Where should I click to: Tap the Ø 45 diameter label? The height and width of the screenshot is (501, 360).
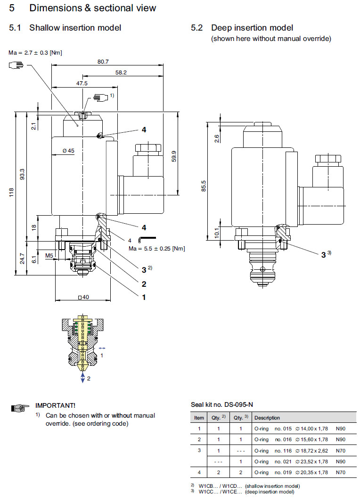(x=69, y=151)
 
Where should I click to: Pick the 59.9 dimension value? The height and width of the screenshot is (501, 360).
(x=174, y=156)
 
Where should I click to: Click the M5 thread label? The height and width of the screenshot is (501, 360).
(x=49, y=256)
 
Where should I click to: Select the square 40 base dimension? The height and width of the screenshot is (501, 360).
(x=82, y=297)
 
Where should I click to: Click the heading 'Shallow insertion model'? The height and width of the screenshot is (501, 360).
(x=75, y=28)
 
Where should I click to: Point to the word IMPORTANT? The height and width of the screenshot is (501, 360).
(x=55, y=405)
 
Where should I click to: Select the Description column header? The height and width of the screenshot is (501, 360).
(x=267, y=418)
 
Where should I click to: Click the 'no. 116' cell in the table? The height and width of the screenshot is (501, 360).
(x=284, y=450)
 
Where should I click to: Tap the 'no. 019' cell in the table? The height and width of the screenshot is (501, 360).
(x=284, y=472)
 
